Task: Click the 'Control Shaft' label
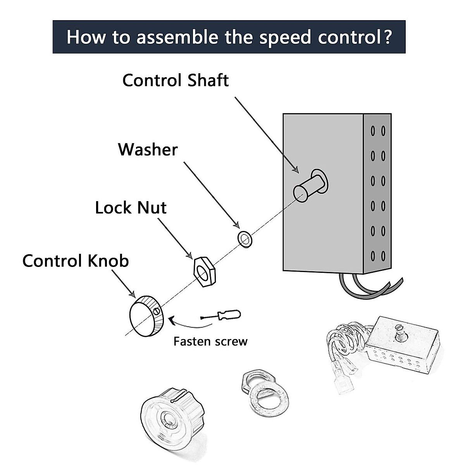click(x=175, y=81)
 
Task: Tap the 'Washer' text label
click(x=148, y=150)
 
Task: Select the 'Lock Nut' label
click(x=131, y=208)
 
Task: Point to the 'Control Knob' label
click(x=76, y=261)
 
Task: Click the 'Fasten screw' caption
click(x=210, y=341)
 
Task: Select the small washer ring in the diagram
click(x=245, y=239)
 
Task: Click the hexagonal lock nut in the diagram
click(x=204, y=271)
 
